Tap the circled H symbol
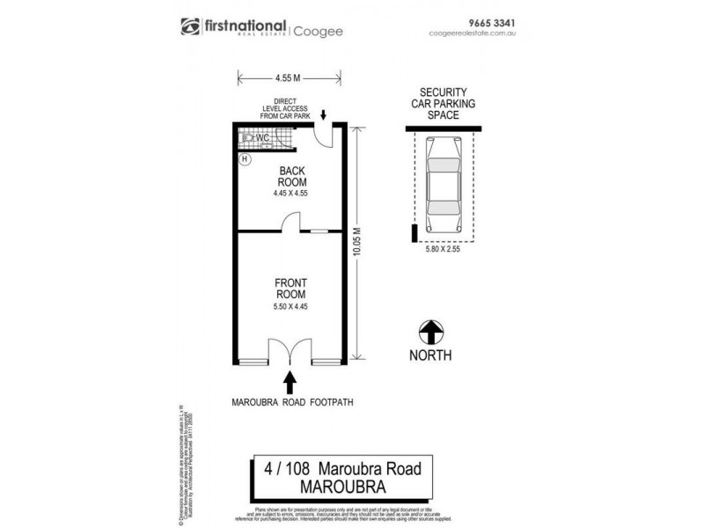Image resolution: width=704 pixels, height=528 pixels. coord(246,159)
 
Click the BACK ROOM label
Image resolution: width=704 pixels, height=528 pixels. coord(290,177)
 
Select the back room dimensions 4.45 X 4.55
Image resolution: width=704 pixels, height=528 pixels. coord(290,193)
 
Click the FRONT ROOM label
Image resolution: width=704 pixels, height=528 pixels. coord(290,291)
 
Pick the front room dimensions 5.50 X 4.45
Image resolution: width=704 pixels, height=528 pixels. coord(290,306)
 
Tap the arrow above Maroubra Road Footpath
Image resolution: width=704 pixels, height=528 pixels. coord(290,383)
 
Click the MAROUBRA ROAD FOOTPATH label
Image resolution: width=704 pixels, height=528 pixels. coord(290,403)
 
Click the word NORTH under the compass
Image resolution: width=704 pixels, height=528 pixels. coord(429,356)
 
